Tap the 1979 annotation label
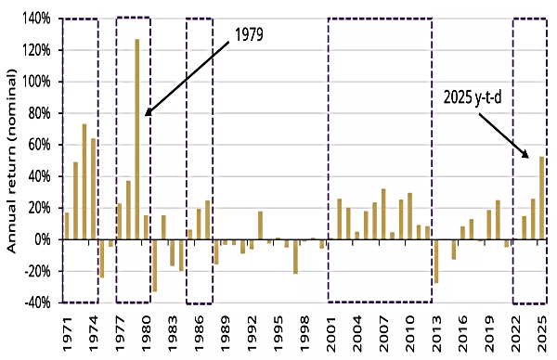tap(248, 36)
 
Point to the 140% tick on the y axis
tap(37, 19)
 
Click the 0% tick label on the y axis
tap(43, 239)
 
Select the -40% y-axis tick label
tap(37, 302)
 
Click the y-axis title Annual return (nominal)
tap(12, 160)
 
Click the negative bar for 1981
tap(154, 265)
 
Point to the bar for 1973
tap(84, 182)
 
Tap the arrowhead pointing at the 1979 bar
tap(147, 113)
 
